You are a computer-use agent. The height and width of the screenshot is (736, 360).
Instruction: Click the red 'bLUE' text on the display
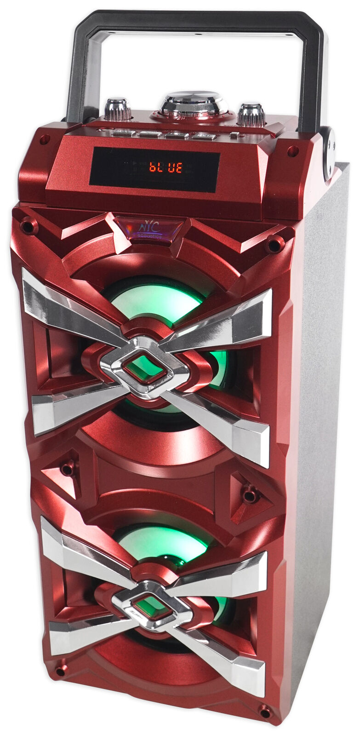pos(165,167)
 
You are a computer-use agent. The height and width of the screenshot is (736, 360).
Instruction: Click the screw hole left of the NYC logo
pos(29,226)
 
